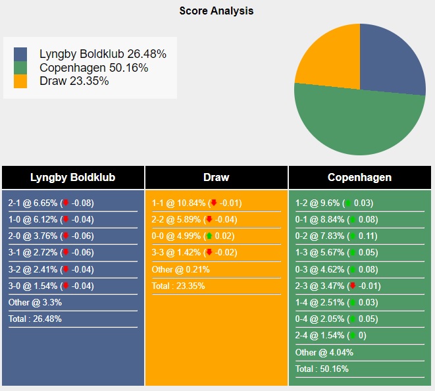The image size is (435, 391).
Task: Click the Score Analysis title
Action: (217, 11)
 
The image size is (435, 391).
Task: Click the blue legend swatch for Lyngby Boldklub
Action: (20, 55)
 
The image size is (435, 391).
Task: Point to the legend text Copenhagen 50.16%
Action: (93, 68)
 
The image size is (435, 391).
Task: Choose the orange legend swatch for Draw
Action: (20, 81)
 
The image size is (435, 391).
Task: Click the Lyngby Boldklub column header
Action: (73, 178)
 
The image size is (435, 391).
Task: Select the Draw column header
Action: (217, 178)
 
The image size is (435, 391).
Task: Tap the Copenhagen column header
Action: (360, 178)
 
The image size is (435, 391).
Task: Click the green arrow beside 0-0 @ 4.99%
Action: (209, 236)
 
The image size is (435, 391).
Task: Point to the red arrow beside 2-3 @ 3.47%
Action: (353, 286)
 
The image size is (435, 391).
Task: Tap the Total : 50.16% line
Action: (322, 369)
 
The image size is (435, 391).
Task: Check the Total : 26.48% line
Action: (35, 319)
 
